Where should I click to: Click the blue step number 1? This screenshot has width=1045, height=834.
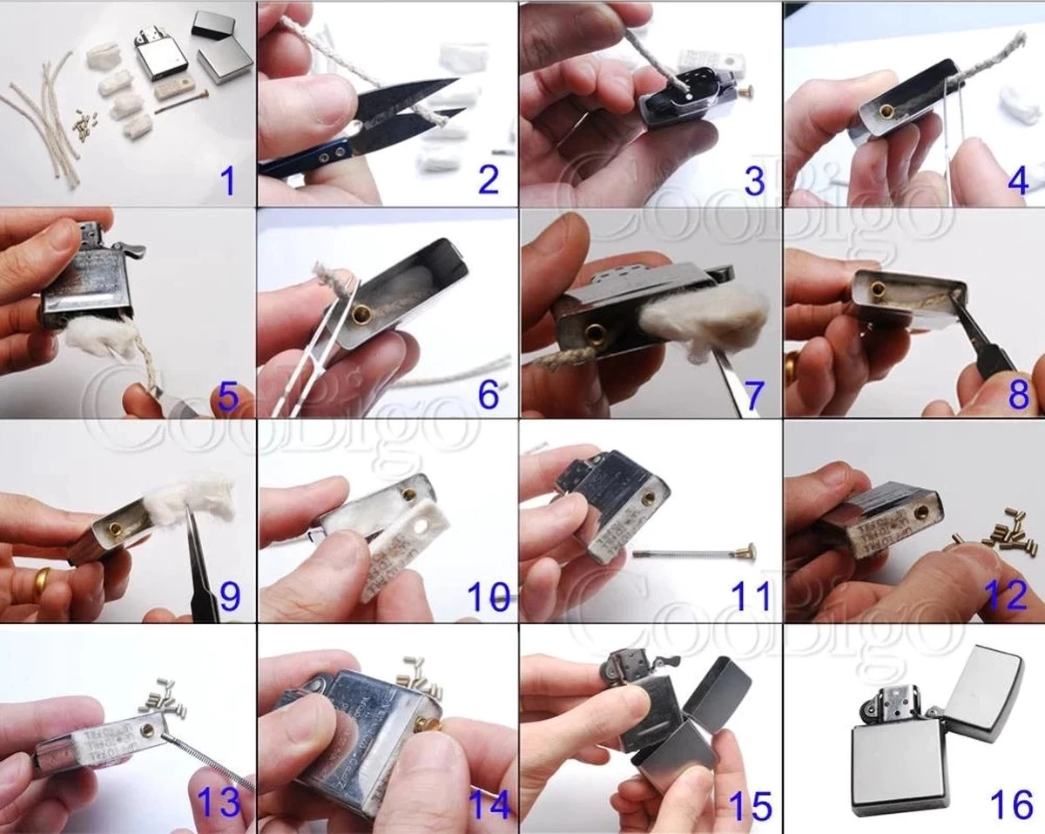227,181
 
